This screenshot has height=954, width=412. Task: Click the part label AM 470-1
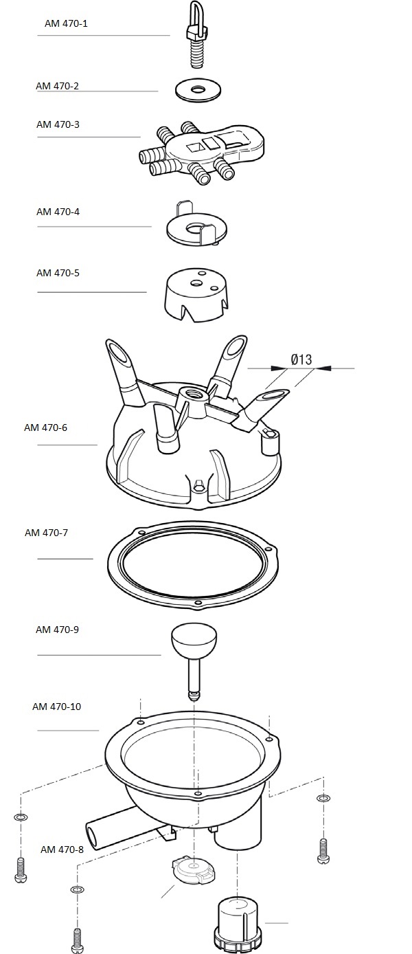coord(66,23)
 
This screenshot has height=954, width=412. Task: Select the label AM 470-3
coord(58,124)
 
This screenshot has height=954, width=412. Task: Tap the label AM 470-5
coord(58,273)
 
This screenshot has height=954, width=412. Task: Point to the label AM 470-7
coord(46,533)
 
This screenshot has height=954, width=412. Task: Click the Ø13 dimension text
coord(301,359)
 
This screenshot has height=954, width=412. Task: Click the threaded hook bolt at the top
coord(196,35)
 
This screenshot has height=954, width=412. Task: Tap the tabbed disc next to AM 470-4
coord(196,225)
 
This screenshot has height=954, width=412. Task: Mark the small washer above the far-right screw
coord(323,798)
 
